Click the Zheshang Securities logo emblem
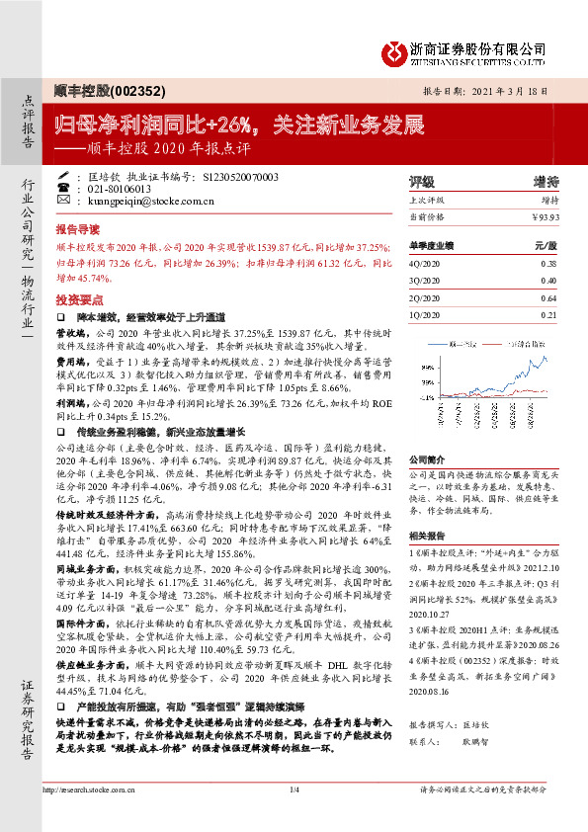click(398, 50)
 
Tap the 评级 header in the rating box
click(421, 182)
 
